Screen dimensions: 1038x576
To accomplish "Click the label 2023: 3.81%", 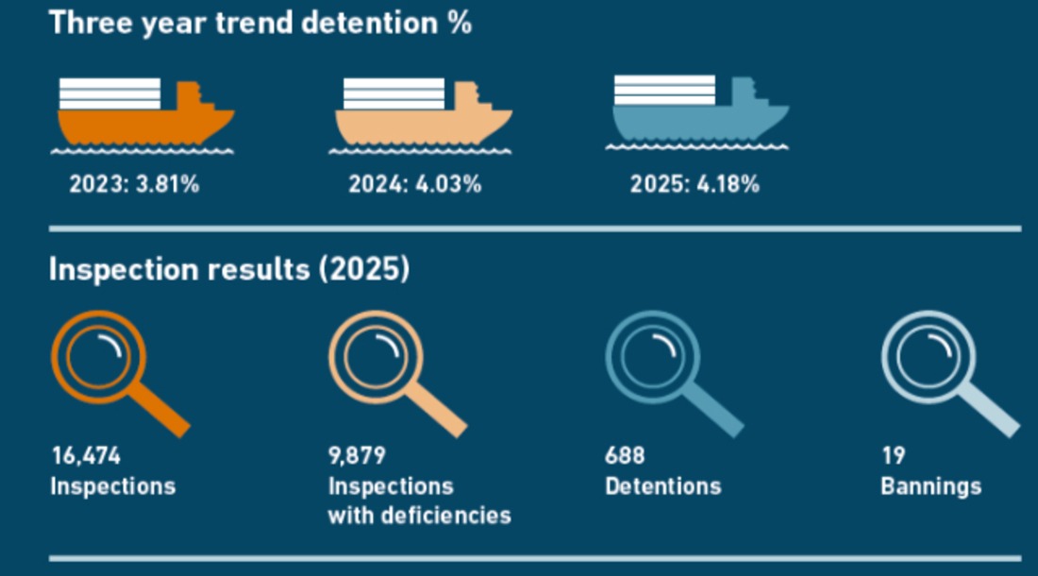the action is coord(134,184).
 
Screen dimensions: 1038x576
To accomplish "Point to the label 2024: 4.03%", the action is coord(415,184).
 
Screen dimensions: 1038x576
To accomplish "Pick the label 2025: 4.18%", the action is coord(695,184).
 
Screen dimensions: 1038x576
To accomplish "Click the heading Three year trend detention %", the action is coord(260,24).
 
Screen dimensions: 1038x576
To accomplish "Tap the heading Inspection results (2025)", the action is coord(229,269).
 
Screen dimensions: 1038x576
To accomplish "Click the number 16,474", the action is coord(86,455).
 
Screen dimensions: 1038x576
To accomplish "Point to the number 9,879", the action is coord(357,455).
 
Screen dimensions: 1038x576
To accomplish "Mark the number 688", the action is coord(625,455).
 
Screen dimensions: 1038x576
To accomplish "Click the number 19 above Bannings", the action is coord(893,455).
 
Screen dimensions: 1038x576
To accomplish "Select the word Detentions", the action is coord(662,486).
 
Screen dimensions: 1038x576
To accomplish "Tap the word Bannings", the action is coord(930,487).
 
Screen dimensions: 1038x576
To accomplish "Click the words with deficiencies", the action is coord(420,515).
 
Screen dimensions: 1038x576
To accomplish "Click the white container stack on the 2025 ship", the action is coord(664,90).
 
